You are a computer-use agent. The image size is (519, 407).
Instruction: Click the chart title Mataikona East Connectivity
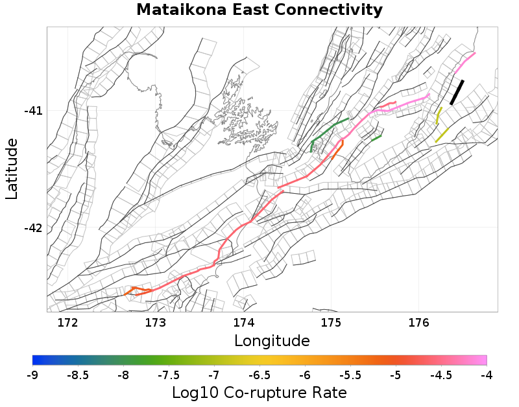[x=259, y=10]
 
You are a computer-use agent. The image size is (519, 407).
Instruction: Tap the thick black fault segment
[x=457, y=92]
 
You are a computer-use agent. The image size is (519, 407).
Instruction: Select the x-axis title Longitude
[x=272, y=340]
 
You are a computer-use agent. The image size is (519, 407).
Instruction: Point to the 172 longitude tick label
[x=68, y=323]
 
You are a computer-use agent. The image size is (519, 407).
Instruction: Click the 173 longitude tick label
[x=156, y=323]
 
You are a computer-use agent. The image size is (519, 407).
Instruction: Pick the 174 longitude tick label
[x=243, y=323]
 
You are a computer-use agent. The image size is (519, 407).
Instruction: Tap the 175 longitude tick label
[x=331, y=323]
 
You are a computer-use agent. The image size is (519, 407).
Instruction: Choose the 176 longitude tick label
[x=418, y=323]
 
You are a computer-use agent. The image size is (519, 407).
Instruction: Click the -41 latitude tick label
[x=34, y=111]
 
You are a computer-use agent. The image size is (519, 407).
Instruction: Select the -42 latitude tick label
[x=34, y=228]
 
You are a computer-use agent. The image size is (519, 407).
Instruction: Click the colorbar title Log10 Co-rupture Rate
[x=259, y=393]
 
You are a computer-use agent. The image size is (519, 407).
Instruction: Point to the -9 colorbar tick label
[x=32, y=375]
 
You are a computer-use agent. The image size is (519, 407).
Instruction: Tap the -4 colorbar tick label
[x=486, y=375]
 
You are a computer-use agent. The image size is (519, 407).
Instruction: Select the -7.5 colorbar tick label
[x=169, y=375]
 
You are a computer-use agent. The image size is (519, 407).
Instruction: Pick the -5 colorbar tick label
[x=396, y=375]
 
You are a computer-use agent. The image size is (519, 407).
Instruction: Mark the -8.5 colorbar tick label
[x=78, y=375]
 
